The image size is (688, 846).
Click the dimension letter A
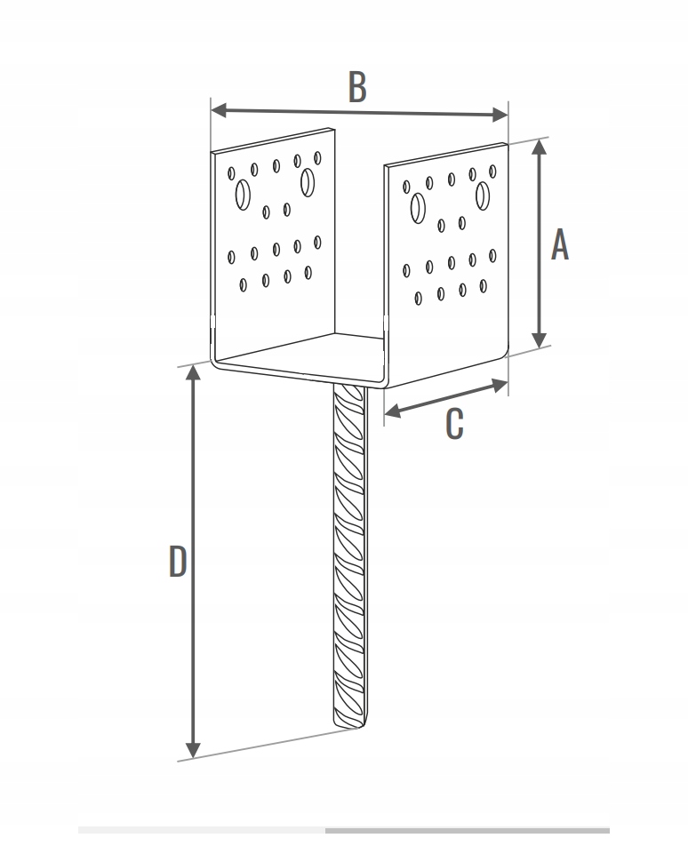560,244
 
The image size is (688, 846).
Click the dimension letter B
357,86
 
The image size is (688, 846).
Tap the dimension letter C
454,424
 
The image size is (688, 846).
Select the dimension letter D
178,561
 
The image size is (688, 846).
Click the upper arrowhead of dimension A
539,147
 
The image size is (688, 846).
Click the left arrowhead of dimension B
219,110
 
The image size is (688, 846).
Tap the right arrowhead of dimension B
500,115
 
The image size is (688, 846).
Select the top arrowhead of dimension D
193,373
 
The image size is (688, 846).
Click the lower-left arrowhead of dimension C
393,411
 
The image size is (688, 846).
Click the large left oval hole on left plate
243,195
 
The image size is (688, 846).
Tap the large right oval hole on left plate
308,182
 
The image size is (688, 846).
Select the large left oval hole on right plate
418,208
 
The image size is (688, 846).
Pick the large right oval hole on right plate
483,196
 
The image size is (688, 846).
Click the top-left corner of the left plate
212,152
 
